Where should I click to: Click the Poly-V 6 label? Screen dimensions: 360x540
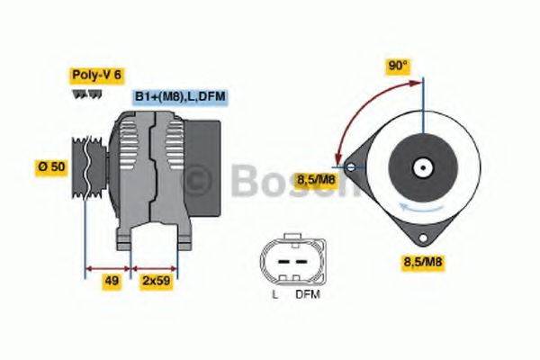coord(95,76)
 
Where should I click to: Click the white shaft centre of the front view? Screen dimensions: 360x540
coord(421,167)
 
